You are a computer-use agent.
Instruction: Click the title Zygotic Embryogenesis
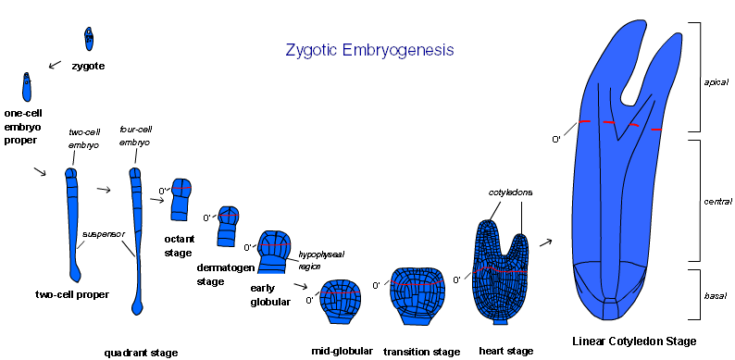(369, 50)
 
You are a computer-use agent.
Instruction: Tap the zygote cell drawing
(89, 39)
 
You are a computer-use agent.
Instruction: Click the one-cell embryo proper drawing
(27, 87)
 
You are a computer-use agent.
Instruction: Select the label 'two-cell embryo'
(84, 138)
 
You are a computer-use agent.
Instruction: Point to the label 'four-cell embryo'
(135, 135)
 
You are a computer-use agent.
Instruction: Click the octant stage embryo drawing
(181, 199)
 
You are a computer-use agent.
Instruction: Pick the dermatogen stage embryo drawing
(228, 226)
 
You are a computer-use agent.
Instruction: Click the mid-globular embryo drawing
(342, 302)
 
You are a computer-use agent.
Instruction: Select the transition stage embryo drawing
(417, 296)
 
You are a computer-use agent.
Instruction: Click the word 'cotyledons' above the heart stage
(510, 192)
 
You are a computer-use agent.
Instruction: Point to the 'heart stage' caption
(506, 351)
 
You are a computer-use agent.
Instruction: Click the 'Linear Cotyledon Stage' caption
(634, 341)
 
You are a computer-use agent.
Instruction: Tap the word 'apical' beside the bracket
(716, 82)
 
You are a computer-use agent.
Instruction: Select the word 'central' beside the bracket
(717, 202)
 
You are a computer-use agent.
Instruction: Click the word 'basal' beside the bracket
(715, 296)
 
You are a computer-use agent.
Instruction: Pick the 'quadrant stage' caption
(141, 353)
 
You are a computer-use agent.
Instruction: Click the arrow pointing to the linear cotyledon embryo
(545, 242)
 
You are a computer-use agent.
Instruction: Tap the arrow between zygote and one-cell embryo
(55, 64)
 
